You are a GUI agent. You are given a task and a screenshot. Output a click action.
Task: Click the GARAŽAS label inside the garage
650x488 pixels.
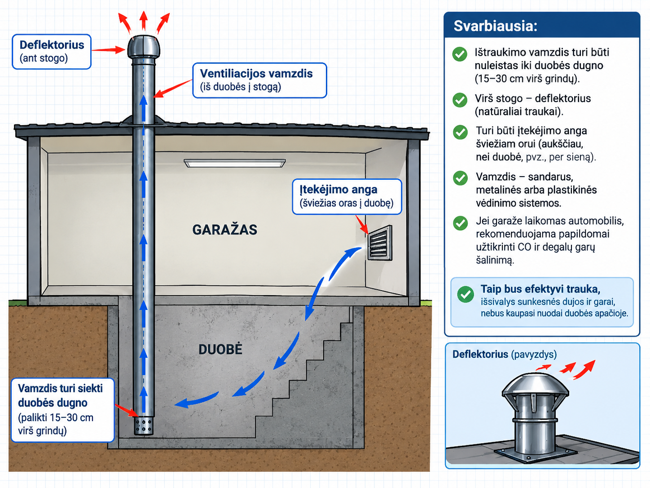[x=225, y=230]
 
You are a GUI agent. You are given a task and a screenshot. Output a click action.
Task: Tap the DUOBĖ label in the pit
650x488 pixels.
[x=220, y=349]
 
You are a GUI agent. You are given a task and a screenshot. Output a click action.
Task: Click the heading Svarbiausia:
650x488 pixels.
[x=496, y=26]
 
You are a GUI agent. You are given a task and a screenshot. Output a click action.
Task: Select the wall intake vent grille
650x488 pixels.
[x=380, y=243]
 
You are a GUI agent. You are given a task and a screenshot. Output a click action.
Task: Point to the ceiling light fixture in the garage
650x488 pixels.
[x=234, y=163]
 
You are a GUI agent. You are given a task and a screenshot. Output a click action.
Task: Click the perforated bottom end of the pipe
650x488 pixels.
[x=144, y=426]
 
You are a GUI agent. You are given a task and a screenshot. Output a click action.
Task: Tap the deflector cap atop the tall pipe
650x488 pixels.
[x=144, y=48]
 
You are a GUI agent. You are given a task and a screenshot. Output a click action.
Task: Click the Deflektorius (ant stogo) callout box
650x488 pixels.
[x=52, y=52]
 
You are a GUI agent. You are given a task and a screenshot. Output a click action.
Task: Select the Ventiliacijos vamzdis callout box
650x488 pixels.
[x=259, y=80]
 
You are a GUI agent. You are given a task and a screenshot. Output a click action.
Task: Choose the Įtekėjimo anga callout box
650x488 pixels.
[x=347, y=196]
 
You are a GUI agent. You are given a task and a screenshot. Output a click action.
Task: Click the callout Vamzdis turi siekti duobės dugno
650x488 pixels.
[x=62, y=410]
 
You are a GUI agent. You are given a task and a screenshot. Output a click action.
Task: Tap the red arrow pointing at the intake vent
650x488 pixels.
[x=361, y=225]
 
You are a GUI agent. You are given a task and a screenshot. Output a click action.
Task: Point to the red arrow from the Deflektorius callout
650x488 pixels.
[x=108, y=50]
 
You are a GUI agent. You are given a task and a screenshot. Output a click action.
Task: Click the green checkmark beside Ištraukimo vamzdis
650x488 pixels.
[x=460, y=54]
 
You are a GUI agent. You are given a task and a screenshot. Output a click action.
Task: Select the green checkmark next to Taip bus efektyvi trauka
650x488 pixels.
[x=465, y=294]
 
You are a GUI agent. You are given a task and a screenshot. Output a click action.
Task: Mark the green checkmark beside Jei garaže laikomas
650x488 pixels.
[x=460, y=223]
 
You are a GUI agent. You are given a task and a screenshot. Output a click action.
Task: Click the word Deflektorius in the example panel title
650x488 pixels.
[x=480, y=354]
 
